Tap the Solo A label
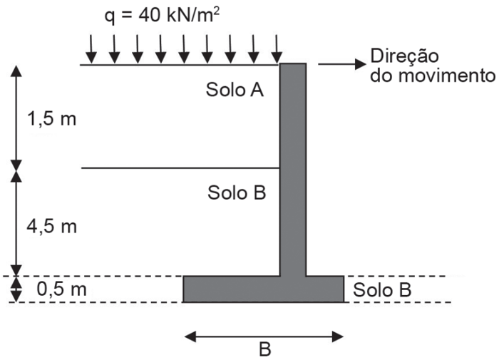coord(235,90)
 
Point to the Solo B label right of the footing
coord(382,290)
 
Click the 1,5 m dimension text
coord(51,118)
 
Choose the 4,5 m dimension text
coord(51,227)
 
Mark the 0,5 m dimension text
coord(61,290)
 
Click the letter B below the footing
coord(264,350)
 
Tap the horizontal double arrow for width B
coord(264,336)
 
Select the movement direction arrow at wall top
coord(340,64)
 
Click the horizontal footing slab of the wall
coord(264,289)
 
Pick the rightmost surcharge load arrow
coord(277,48)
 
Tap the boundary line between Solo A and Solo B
coord(178,168)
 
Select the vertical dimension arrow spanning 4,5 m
coord(16,221)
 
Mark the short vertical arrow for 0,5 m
coord(16,289)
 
